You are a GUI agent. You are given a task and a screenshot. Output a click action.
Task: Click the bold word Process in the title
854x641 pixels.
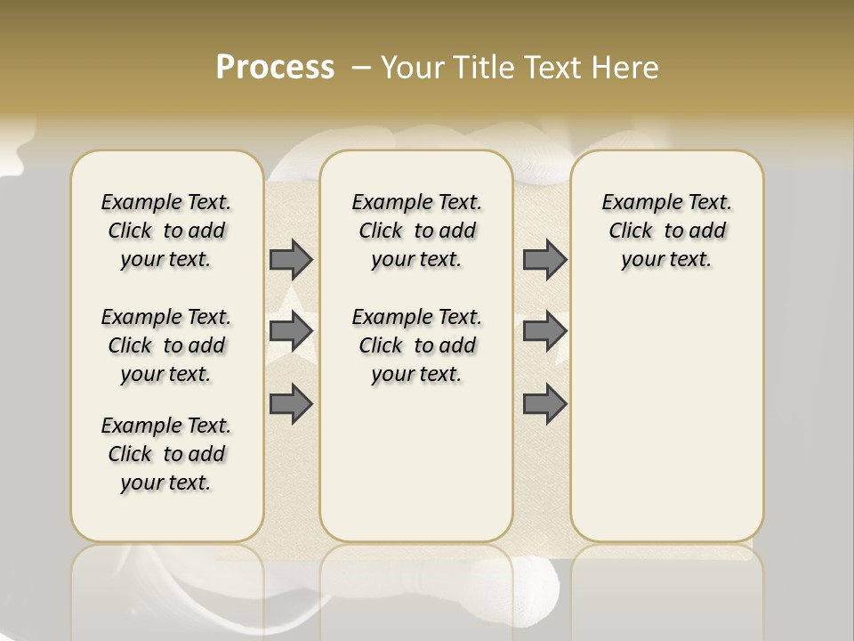click(275, 68)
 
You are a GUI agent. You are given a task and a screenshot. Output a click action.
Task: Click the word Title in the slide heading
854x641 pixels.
click(487, 68)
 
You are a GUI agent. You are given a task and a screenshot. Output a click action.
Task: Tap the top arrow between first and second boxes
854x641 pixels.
click(291, 259)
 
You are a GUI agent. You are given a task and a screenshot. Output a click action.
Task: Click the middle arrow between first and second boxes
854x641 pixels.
click(291, 331)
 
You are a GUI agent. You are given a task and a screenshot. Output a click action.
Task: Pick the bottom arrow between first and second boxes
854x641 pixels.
click(291, 403)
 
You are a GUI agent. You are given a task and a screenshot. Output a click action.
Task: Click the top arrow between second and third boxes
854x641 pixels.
click(544, 259)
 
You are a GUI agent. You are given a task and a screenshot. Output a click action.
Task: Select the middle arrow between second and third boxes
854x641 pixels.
click(544, 331)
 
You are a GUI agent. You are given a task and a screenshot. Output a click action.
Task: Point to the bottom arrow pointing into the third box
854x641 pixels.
click(544, 403)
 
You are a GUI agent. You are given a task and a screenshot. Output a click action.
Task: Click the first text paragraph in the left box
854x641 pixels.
click(166, 231)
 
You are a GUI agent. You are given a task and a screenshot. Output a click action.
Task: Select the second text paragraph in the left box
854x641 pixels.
click(166, 345)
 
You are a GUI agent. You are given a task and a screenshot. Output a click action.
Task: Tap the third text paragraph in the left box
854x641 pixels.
click(166, 454)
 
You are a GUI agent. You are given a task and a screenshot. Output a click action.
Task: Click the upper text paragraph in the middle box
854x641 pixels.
click(416, 231)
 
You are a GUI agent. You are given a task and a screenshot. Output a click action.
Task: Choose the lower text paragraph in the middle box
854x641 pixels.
click(416, 345)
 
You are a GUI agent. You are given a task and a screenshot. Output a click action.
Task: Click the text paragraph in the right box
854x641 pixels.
click(666, 231)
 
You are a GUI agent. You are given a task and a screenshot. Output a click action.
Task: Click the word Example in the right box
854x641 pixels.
click(634, 202)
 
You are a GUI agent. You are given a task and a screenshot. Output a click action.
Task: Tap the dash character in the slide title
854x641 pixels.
click(360, 68)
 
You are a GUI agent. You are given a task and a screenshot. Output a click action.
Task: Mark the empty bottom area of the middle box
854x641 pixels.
click(416, 472)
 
